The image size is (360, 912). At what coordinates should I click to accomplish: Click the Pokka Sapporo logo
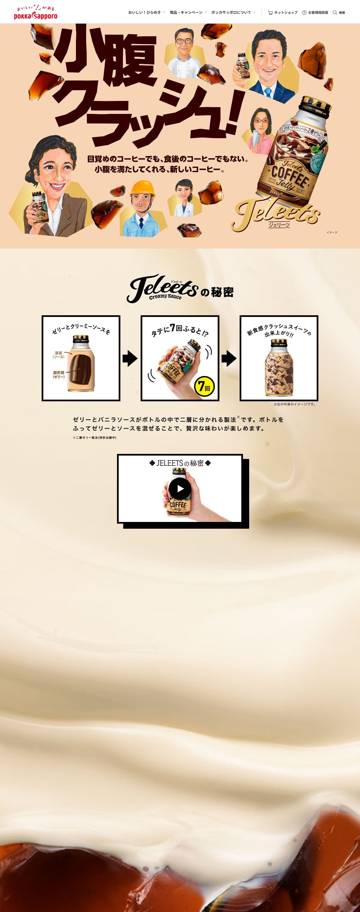[35, 12]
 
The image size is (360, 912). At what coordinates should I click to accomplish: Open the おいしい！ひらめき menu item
[145, 12]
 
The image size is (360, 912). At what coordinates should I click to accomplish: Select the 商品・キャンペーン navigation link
[186, 12]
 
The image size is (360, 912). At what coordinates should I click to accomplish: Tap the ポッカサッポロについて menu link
[231, 12]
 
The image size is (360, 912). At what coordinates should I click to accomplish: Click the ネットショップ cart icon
[271, 13]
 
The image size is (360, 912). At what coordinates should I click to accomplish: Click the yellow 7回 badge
[204, 386]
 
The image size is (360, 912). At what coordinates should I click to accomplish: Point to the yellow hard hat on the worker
[143, 189]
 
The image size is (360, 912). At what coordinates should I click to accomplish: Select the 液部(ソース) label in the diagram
[58, 355]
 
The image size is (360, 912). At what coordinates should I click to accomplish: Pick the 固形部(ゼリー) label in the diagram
[59, 375]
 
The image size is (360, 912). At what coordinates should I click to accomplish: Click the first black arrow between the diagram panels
[130, 358]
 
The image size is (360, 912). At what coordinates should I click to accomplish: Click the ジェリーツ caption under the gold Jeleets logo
[279, 224]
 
